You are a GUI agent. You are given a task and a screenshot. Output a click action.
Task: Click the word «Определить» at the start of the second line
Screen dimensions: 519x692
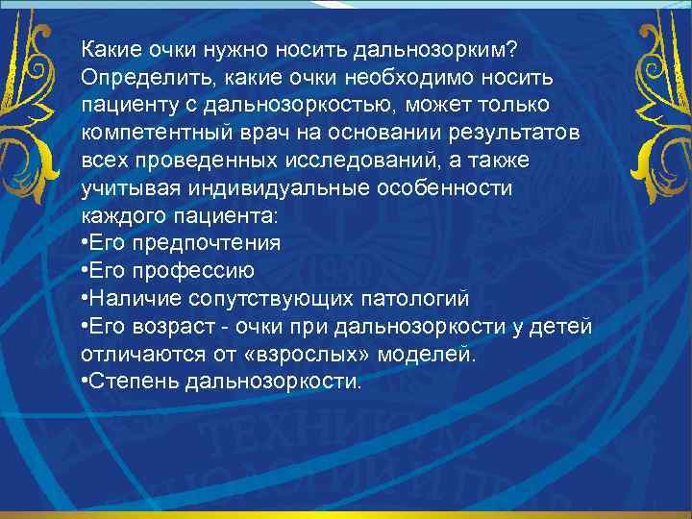(x=130, y=75)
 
